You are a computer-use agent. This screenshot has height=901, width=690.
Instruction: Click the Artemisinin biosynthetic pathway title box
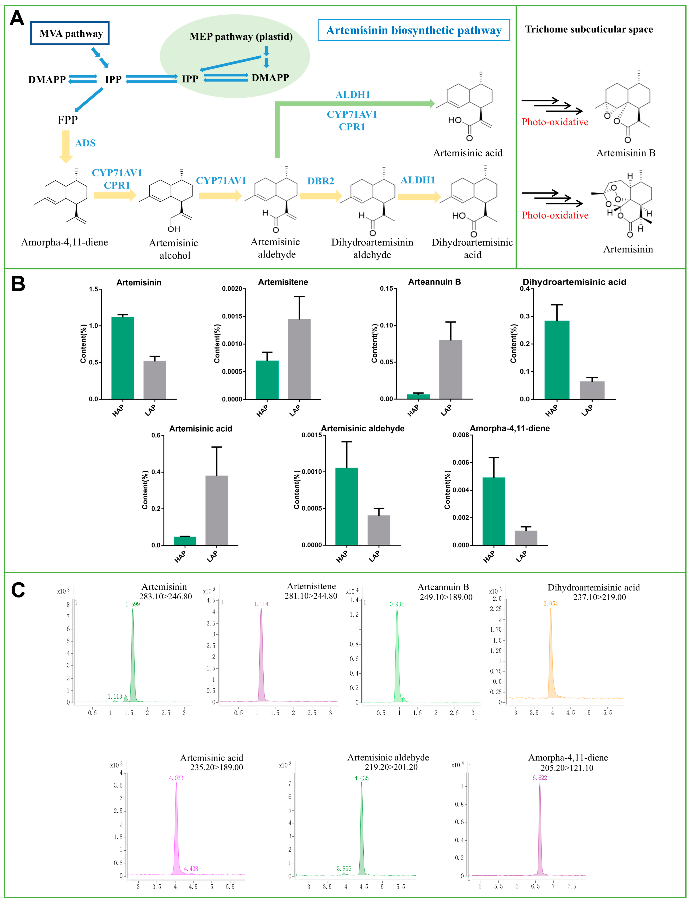(x=414, y=30)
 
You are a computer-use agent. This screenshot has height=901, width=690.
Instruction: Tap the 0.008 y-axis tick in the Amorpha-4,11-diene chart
(x=460, y=435)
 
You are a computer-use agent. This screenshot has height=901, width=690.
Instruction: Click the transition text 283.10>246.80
(x=165, y=597)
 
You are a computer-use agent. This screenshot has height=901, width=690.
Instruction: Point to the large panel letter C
(x=18, y=590)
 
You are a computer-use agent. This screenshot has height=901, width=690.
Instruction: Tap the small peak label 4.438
(x=191, y=868)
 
